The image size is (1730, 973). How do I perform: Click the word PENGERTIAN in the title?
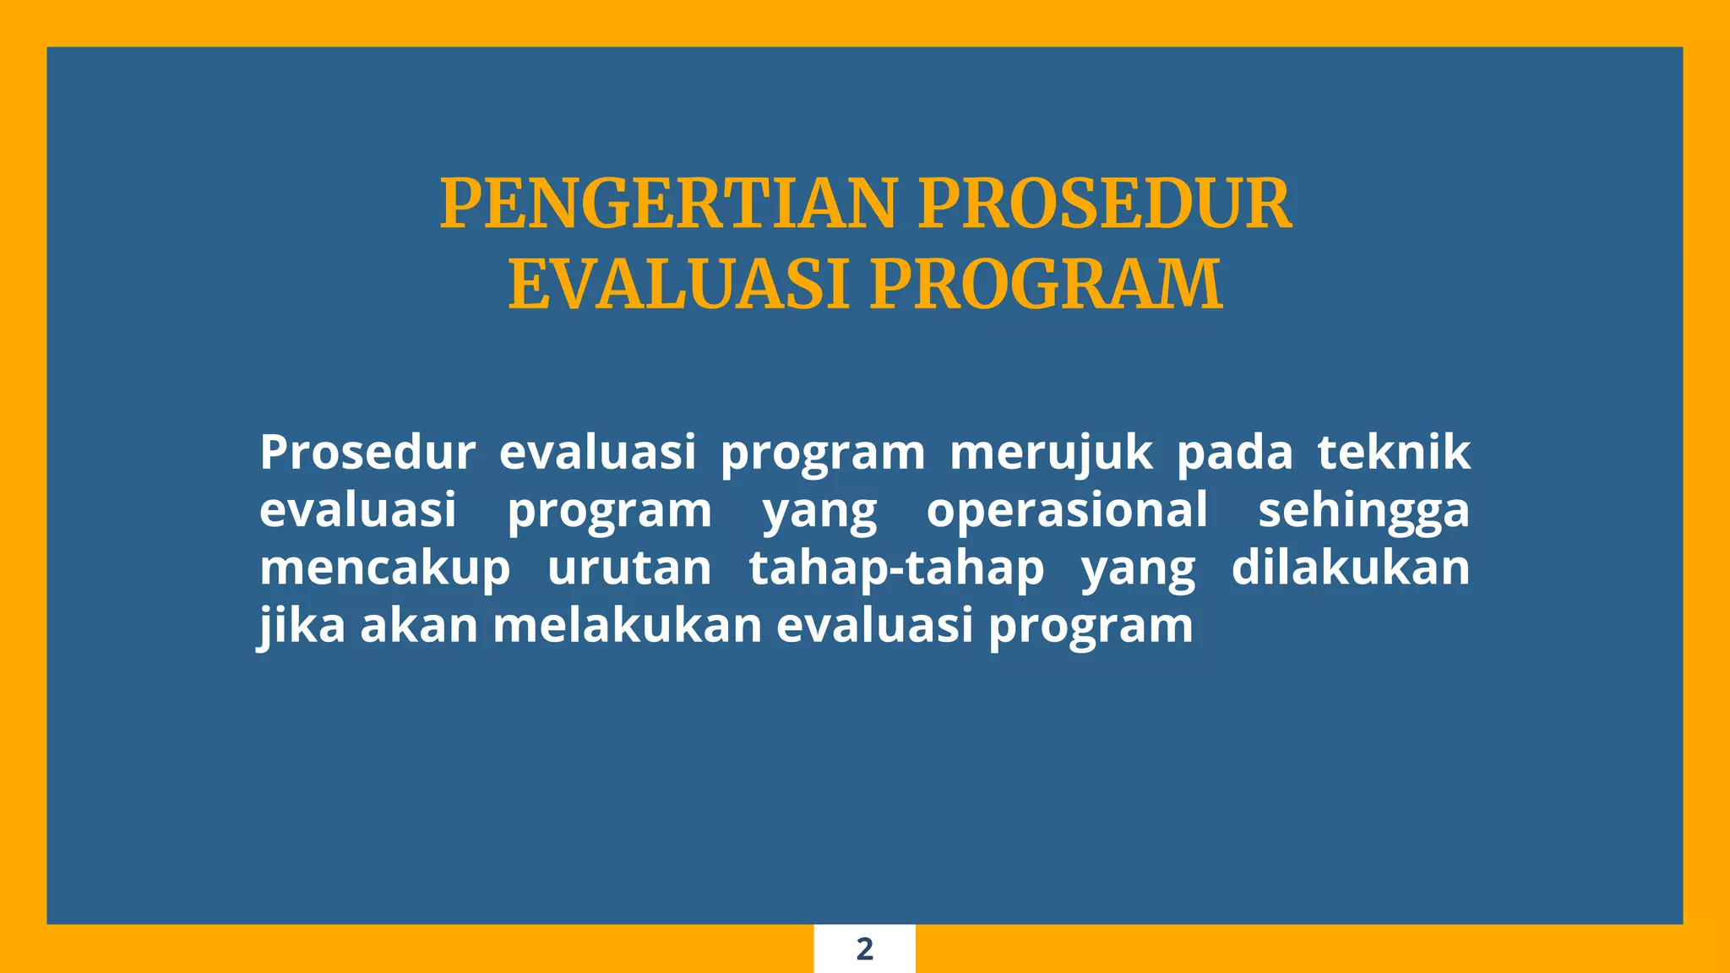pyautogui.click(x=667, y=204)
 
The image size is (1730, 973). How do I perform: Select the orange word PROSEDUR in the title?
pyautogui.click(x=1105, y=204)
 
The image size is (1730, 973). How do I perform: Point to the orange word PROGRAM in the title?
pyautogui.click(x=1046, y=285)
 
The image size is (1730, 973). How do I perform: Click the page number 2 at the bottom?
pyautogui.click(x=864, y=949)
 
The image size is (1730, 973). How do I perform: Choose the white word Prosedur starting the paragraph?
pyautogui.click(x=367, y=453)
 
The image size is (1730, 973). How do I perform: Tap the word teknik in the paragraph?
pyautogui.click(x=1394, y=453)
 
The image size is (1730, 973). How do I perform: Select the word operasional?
pyautogui.click(x=1067, y=512)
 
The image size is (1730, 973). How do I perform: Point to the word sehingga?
pyautogui.click(x=1363, y=512)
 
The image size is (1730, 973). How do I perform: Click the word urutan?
pyautogui.click(x=629, y=568)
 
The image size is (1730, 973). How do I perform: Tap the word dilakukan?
pyautogui.click(x=1350, y=568)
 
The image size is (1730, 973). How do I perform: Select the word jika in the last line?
pyautogui.click(x=302, y=627)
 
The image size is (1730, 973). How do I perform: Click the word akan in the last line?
pyautogui.click(x=419, y=626)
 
